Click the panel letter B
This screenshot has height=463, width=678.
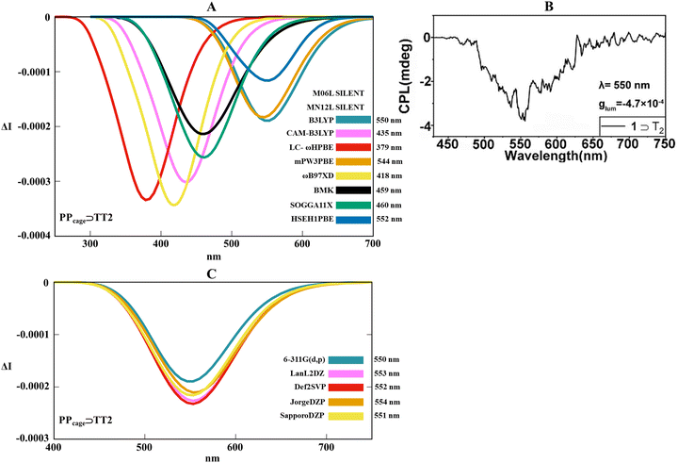(x=548, y=7)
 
